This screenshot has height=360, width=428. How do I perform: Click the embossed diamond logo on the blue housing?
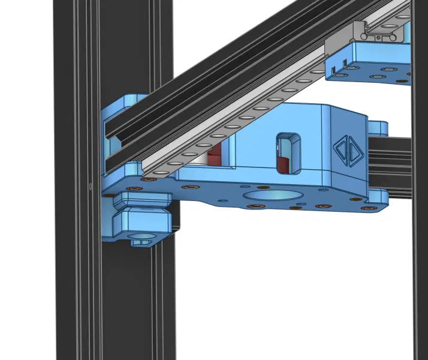click(x=346, y=150)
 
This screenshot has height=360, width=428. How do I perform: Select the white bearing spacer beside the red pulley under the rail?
click(x=212, y=157)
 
